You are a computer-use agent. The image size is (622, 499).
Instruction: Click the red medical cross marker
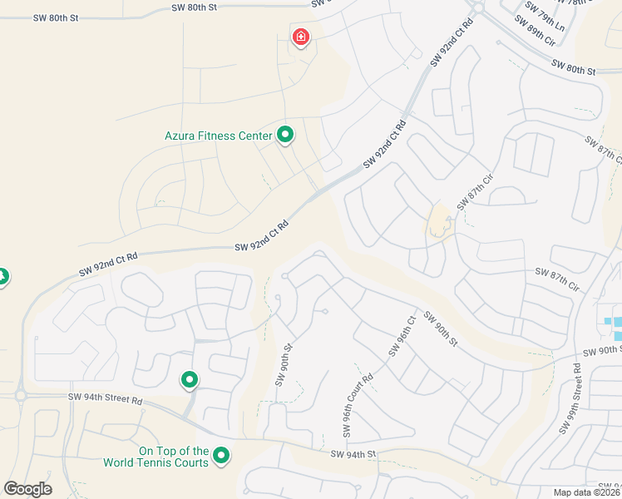pyautogui.click(x=300, y=37)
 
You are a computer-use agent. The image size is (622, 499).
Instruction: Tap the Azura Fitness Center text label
pyautogui.click(x=219, y=135)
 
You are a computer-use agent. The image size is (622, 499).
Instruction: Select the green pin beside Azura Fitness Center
pyautogui.click(x=285, y=133)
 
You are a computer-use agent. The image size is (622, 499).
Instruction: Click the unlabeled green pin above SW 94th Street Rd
pyautogui.click(x=190, y=380)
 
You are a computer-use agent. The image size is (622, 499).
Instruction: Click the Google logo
pyautogui.click(x=27, y=489)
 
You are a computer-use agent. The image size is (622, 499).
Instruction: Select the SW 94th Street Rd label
pyautogui.click(x=106, y=399)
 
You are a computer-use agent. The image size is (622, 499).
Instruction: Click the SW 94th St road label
pyautogui.click(x=353, y=454)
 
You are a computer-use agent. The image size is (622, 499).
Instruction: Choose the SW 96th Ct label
pyautogui.click(x=400, y=337)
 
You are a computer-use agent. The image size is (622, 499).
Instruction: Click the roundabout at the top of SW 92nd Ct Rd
pyautogui.click(x=475, y=7)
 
